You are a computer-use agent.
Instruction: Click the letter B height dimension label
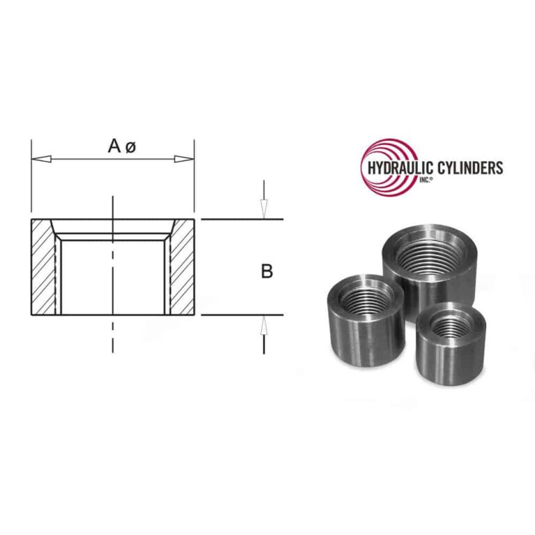tap(266, 271)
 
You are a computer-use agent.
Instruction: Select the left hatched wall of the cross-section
tap(43, 268)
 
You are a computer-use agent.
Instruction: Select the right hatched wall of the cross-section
tap(183, 268)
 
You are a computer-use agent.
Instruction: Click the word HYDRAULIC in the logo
tap(398, 168)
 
